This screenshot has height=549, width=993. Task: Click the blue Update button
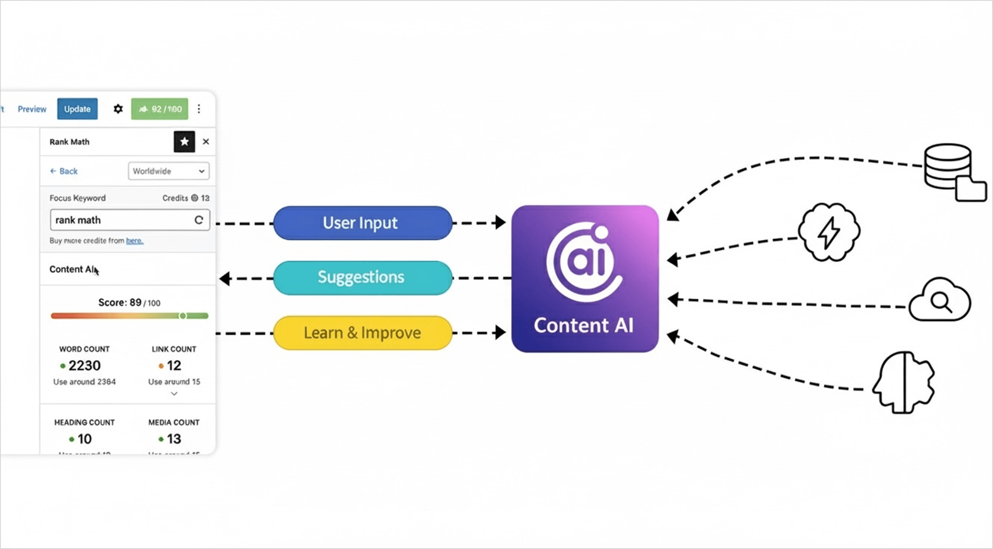pyautogui.click(x=77, y=109)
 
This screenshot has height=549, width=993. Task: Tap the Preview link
pyautogui.click(x=32, y=109)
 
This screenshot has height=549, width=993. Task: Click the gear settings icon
pyautogui.click(x=118, y=109)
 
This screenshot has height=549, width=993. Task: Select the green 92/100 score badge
pyautogui.click(x=159, y=109)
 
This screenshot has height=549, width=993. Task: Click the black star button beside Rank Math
pyautogui.click(x=184, y=141)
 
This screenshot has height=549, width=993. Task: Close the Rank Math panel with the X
pyautogui.click(x=206, y=141)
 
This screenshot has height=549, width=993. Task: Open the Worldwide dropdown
pyautogui.click(x=169, y=171)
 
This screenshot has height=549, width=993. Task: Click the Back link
pyautogui.click(x=64, y=171)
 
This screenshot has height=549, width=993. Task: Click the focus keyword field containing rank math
pyautogui.click(x=120, y=220)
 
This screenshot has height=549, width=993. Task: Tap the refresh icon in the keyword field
pyautogui.click(x=199, y=220)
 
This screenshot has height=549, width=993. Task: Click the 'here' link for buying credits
pyautogui.click(x=135, y=241)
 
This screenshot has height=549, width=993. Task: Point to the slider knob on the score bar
pyautogui.click(x=183, y=316)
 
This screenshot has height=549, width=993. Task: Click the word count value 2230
pyautogui.click(x=84, y=365)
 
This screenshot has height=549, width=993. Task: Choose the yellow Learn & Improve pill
pyautogui.click(x=362, y=333)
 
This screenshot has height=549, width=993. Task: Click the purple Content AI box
pyautogui.click(x=585, y=279)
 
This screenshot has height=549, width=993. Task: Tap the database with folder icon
pyautogui.click(x=952, y=171)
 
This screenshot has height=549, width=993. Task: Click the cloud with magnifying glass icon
pyautogui.click(x=940, y=300)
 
